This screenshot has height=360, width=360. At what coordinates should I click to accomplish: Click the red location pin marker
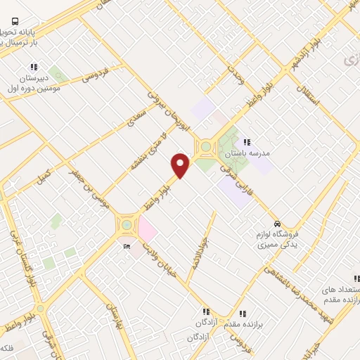tap(181, 166)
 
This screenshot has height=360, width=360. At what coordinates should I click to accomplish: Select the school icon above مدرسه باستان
tap(247, 142)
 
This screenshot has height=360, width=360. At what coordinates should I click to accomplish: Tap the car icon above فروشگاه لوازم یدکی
tap(278, 222)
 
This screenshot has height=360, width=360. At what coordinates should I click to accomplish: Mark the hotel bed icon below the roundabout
tap(127, 246)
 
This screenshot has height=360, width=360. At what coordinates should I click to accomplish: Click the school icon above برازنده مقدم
tap(243, 314)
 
